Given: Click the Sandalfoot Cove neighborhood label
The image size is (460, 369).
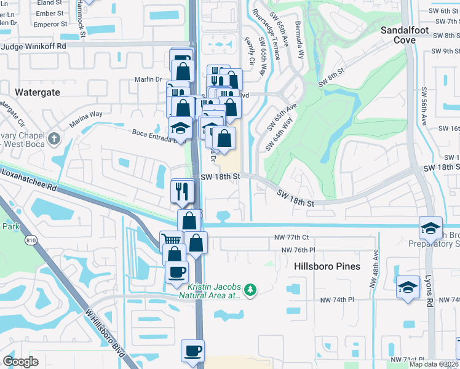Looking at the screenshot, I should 406,34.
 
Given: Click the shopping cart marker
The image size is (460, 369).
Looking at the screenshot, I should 171,240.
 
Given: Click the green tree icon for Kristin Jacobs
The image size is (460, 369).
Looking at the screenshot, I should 250,289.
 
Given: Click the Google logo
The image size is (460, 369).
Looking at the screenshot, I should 20,362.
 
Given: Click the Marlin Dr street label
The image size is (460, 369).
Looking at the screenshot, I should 148,79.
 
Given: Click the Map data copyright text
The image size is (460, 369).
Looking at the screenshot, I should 434,364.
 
